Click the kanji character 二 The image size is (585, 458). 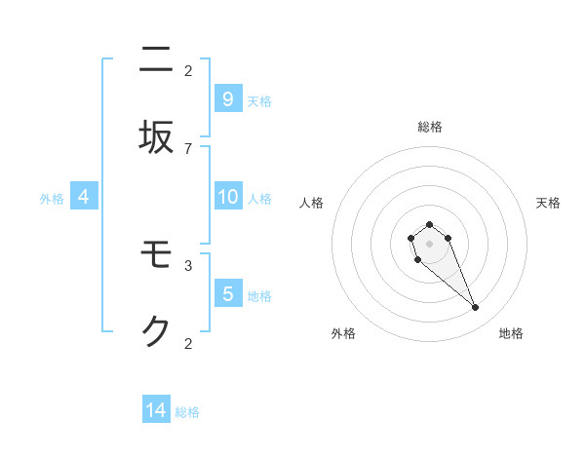(156, 60)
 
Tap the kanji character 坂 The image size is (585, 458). (156, 138)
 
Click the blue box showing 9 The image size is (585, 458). (227, 98)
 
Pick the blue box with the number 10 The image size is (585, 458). (227, 197)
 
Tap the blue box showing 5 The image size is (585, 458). (227, 293)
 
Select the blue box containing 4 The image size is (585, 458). (84, 197)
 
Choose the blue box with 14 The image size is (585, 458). (156, 410)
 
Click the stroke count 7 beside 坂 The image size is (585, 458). (188, 148)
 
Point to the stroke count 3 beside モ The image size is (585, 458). (188, 264)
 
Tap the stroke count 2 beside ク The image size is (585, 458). (188, 343)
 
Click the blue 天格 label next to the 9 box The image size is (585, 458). (259, 101)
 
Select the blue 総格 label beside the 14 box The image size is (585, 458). (187, 412)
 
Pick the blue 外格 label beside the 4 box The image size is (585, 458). (52, 199)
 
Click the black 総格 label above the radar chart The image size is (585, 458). (430, 127)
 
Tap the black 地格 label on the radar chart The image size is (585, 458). (511, 333)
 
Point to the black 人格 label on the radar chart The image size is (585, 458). (312, 203)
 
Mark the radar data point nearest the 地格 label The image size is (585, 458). (476, 308)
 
